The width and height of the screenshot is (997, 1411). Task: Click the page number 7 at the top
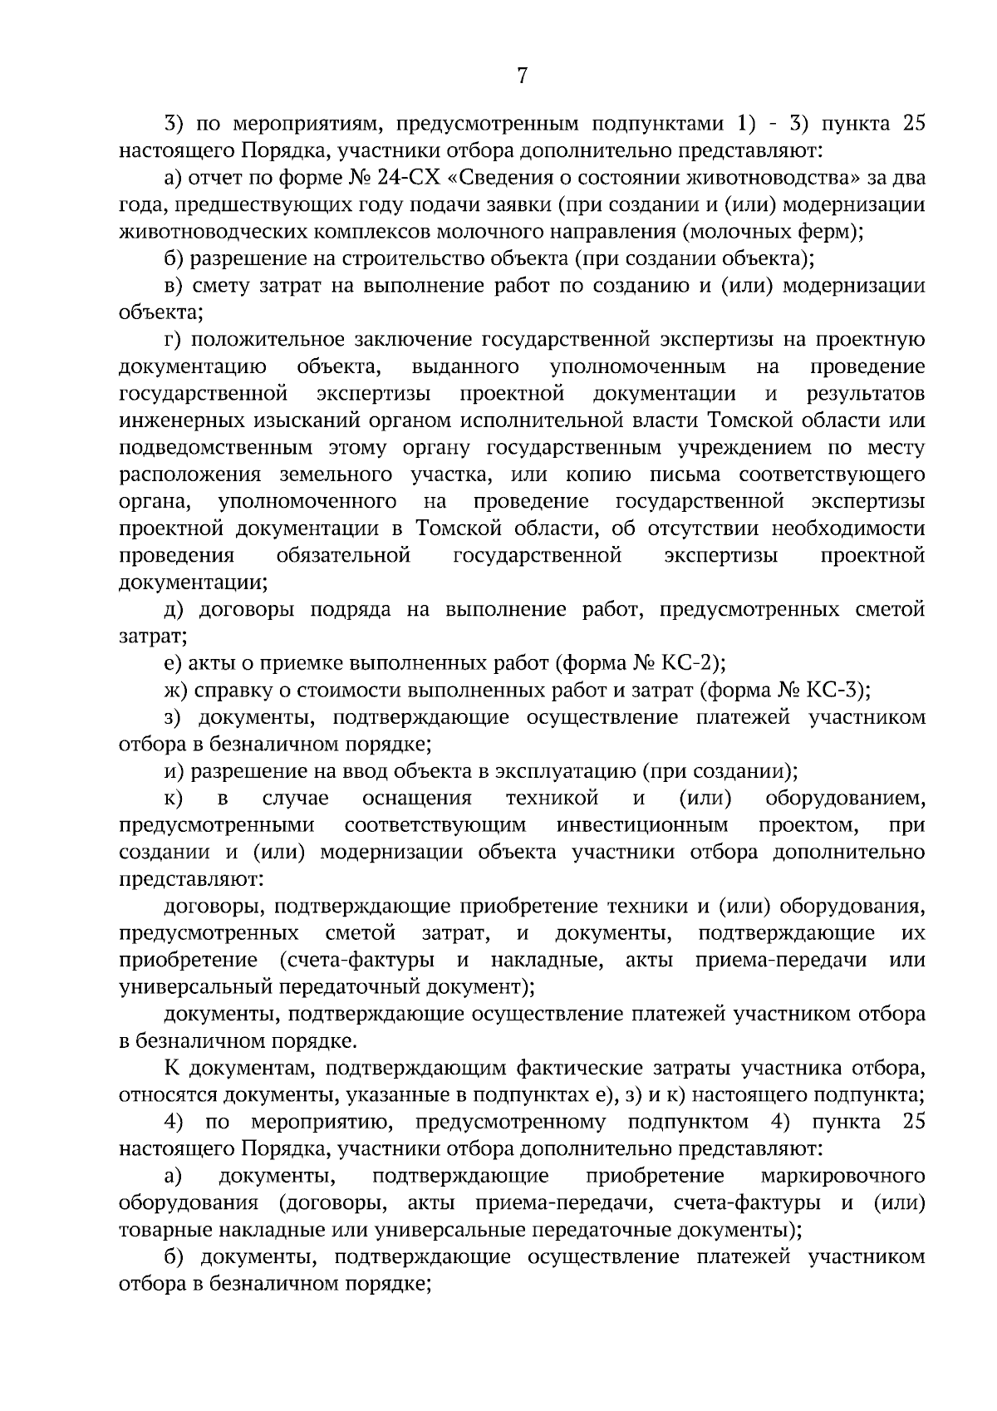[522, 76]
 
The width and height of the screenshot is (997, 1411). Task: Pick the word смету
[224, 286]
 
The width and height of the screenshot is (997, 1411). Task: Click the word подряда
[350, 609]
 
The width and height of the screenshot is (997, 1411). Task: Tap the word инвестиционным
[642, 825]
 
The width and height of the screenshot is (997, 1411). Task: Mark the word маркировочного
[842, 1176]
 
